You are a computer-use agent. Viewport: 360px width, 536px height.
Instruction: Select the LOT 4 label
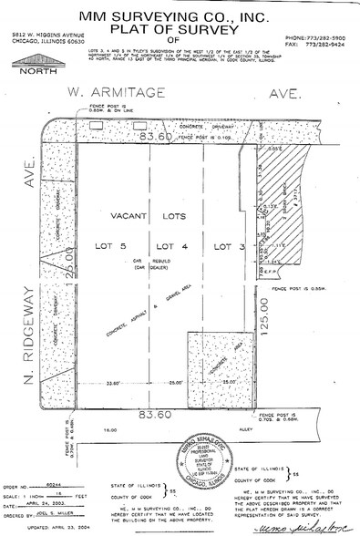tap(170, 246)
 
